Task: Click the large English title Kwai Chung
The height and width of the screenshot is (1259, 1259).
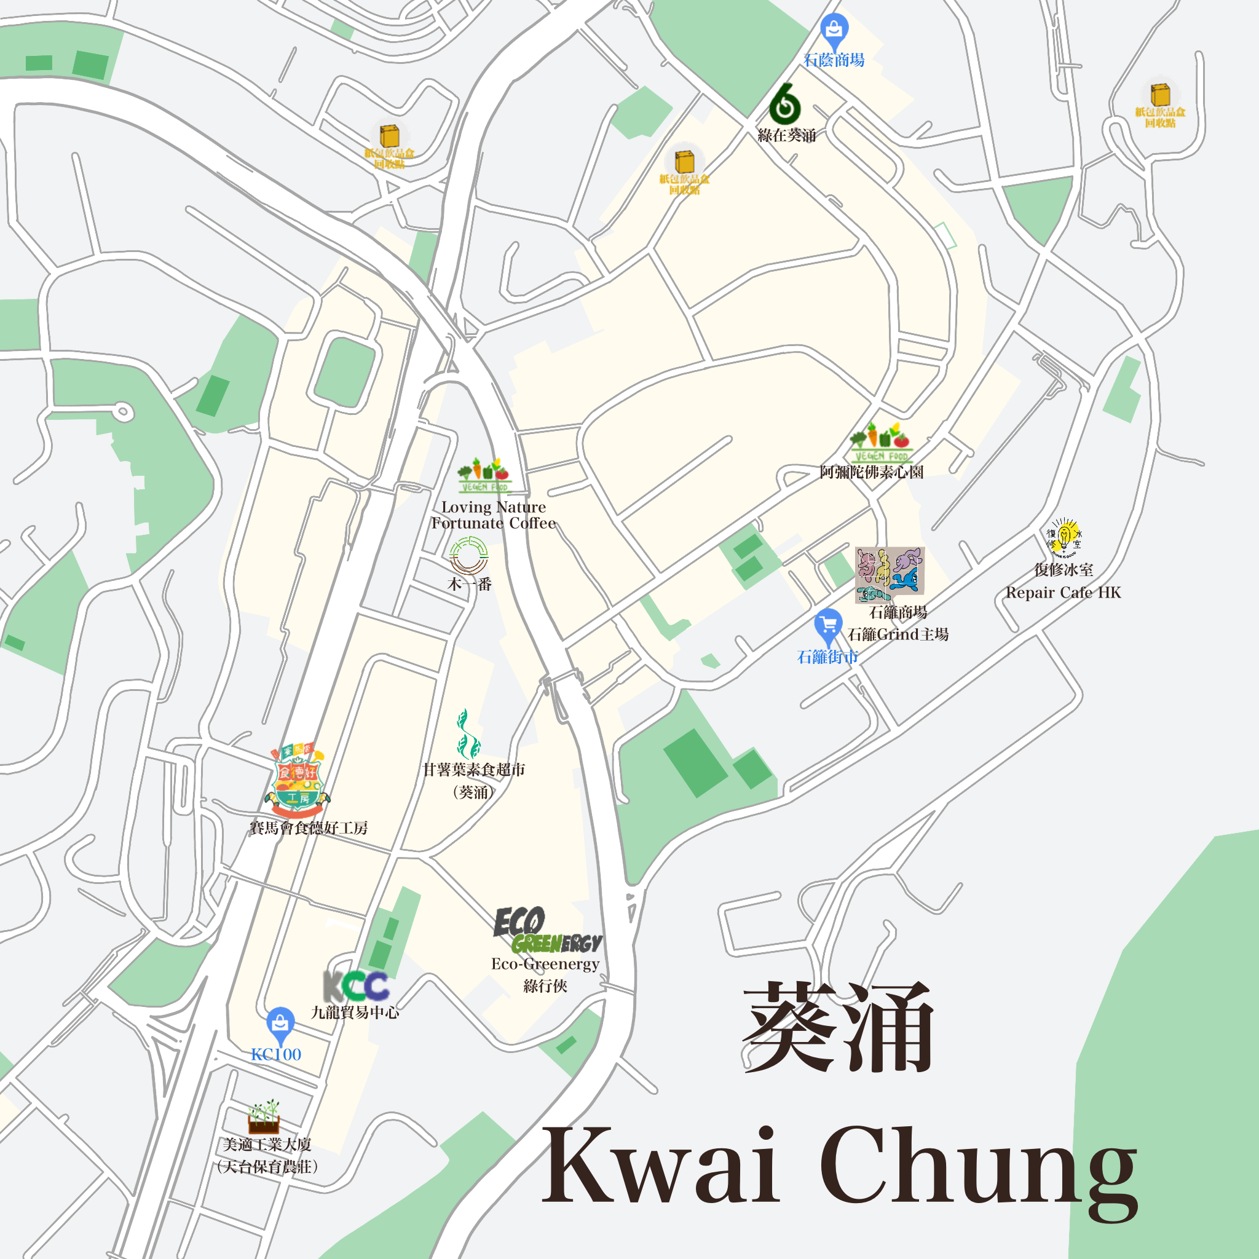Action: point(839,1166)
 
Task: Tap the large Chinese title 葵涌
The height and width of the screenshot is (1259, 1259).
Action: point(838,1028)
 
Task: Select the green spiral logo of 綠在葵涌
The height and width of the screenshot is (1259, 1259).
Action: point(784,105)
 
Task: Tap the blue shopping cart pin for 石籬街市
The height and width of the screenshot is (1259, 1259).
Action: point(828,626)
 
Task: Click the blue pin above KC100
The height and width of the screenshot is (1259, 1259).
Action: point(280,1024)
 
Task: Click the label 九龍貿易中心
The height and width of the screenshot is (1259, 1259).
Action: point(355,1012)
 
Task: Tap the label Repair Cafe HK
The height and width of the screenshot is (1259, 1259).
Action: point(1063,593)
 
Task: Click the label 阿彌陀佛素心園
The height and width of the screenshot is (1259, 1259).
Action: point(871,472)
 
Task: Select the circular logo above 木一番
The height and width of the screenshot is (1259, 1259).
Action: point(468,555)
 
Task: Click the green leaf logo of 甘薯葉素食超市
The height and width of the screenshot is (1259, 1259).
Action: point(467,735)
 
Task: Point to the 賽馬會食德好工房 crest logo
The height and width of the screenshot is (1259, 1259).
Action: point(297,780)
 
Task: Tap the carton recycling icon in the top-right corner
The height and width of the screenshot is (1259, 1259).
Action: point(1160,95)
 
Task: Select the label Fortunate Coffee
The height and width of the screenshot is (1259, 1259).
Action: point(493,523)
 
